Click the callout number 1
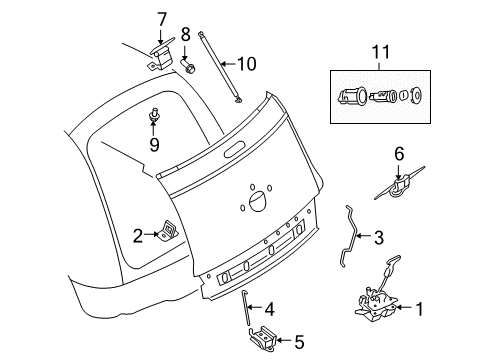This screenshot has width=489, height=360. click(x=419, y=310)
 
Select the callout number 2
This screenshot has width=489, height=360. click(x=137, y=235)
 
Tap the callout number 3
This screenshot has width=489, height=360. click(x=378, y=238)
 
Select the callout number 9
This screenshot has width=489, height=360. click(x=155, y=143)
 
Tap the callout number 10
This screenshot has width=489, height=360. click(x=246, y=64)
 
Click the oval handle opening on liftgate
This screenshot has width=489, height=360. click(x=236, y=151)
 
